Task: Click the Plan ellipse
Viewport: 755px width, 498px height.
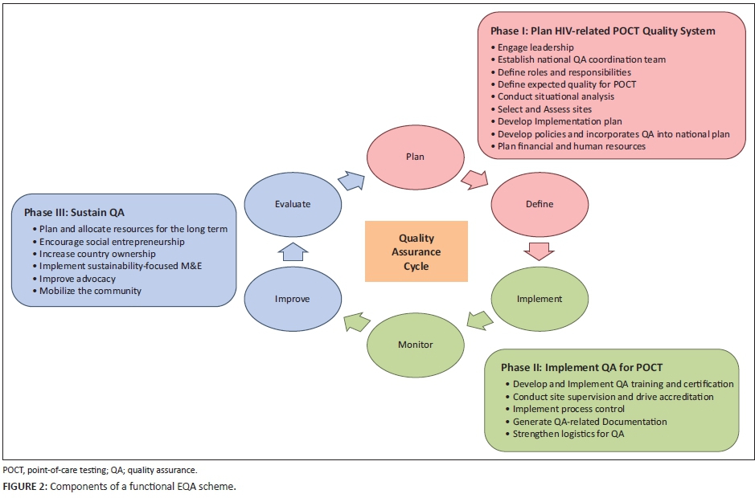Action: click(x=414, y=157)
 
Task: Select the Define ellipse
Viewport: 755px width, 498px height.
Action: click(x=540, y=204)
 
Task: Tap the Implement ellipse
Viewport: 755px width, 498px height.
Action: click(x=540, y=298)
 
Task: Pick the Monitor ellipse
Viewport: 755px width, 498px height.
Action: click(x=415, y=345)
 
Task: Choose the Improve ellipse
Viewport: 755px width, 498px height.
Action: click(x=292, y=298)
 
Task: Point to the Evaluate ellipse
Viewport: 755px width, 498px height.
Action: click(x=292, y=204)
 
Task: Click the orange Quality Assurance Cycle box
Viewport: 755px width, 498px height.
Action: click(x=416, y=251)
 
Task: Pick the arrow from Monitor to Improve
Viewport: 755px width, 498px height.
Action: click(x=355, y=322)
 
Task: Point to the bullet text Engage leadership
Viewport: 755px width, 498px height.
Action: click(x=535, y=47)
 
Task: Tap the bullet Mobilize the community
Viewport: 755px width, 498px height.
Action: click(x=90, y=291)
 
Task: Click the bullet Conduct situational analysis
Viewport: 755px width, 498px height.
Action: click(x=556, y=96)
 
